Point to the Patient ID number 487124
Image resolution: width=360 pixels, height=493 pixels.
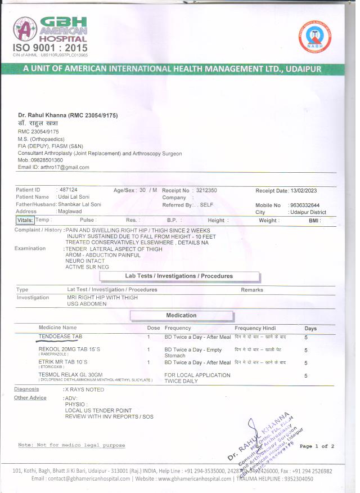coord(68,190)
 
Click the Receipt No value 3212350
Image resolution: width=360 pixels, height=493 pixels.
coord(206,190)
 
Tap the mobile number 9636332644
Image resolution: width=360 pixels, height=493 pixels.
coord(304,205)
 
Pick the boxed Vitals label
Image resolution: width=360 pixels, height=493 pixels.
coord(24,220)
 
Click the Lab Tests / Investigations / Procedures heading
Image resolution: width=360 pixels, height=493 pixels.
coord(179,276)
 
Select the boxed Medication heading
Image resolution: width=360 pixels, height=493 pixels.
coord(181,315)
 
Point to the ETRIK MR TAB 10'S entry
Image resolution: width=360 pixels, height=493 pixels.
coord(64,362)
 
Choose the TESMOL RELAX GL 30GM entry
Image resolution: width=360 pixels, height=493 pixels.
coord(70,375)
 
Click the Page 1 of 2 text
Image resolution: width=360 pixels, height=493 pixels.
coord(317,446)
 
